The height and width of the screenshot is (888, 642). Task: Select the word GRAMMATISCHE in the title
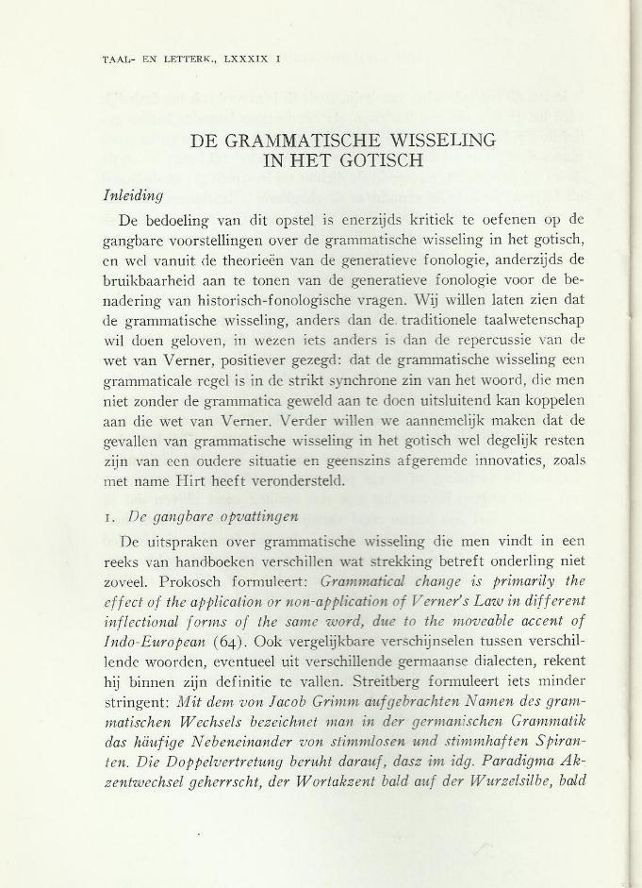coord(297,142)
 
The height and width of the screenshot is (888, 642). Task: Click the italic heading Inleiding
coord(133,195)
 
